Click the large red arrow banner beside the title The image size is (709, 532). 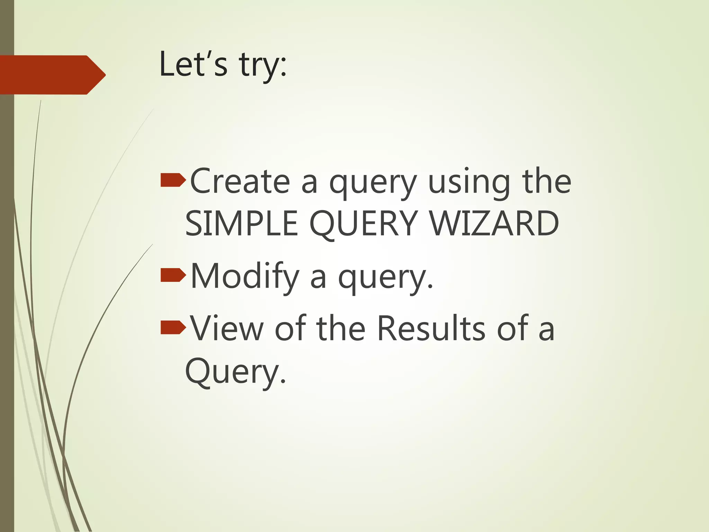pos(52,75)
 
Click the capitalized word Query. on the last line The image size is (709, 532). pos(236,371)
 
